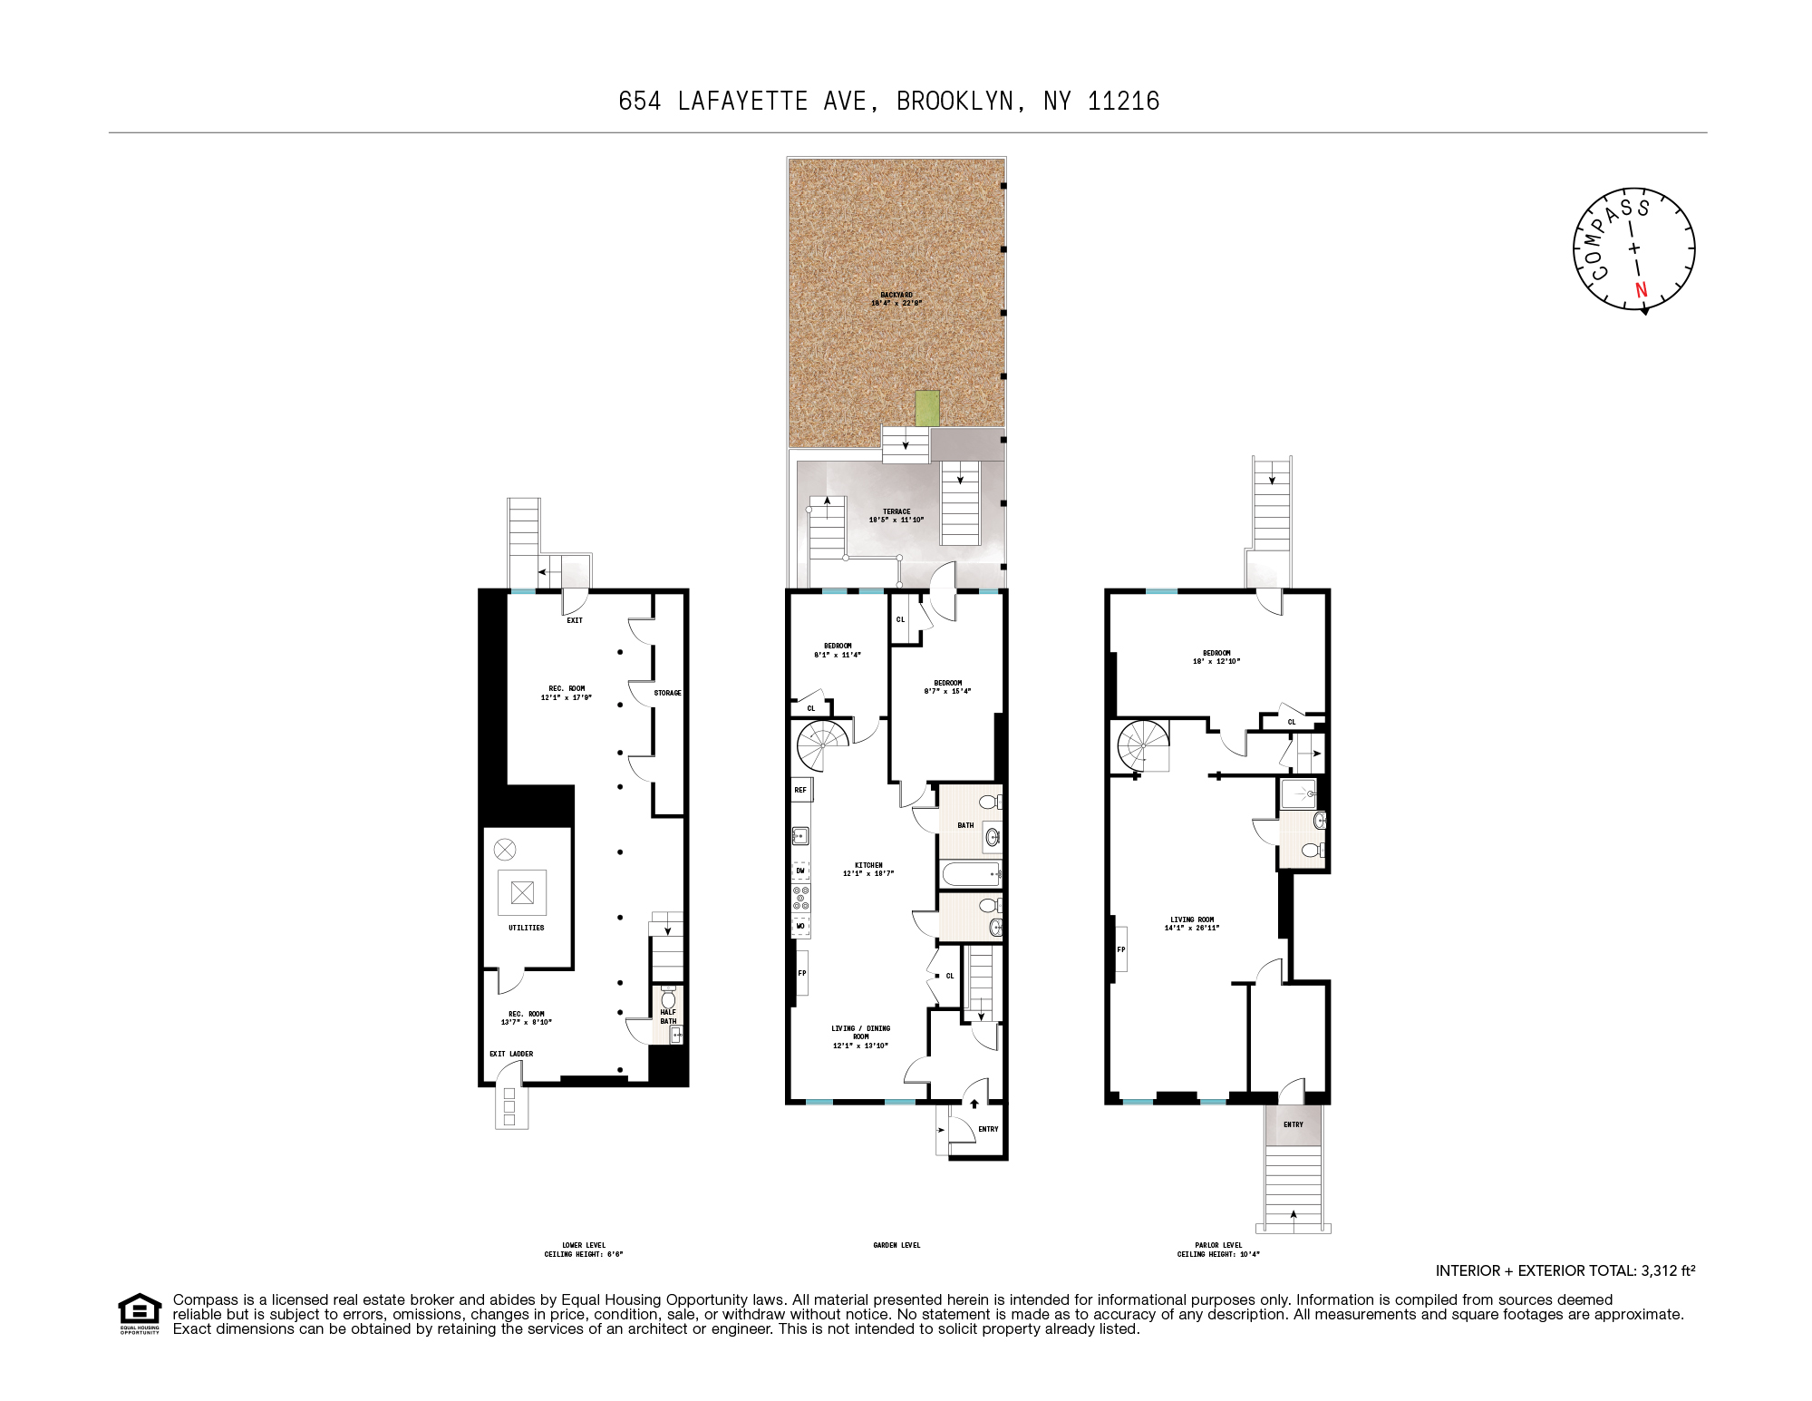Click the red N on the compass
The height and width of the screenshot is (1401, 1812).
(1641, 290)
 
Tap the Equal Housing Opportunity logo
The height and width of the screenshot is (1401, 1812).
(140, 1312)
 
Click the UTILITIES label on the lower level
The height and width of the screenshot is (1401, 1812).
(526, 928)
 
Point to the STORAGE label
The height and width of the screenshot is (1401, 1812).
(667, 693)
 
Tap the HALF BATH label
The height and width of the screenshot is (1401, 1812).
(668, 1017)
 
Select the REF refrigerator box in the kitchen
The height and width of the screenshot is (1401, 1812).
(801, 790)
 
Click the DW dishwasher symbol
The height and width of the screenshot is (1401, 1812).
(800, 871)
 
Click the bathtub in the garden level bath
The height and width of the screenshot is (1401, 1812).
(971, 874)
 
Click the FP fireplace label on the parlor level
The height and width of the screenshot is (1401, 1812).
(1121, 949)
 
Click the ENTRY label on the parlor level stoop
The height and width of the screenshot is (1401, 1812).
(1294, 1124)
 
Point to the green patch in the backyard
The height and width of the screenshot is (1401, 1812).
(926, 408)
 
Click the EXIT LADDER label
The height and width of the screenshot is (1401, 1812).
(511, 1054)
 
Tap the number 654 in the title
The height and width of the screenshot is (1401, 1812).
(639, 101)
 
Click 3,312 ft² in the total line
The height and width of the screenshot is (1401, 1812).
(1667, 1270)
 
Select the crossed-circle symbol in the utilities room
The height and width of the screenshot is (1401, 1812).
(505, 850)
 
